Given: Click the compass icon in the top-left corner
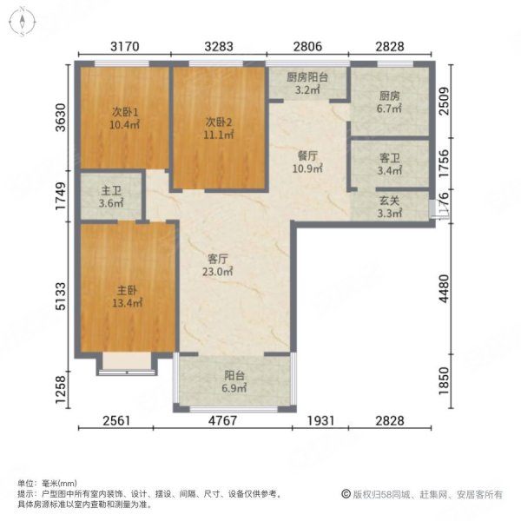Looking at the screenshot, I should tap(21, 21).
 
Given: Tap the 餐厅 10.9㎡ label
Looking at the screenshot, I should tap(308, 162).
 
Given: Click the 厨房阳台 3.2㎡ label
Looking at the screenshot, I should tap(307, 82).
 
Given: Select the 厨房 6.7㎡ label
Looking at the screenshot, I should tap(390, 103).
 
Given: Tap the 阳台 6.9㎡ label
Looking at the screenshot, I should tap(234, 383).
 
